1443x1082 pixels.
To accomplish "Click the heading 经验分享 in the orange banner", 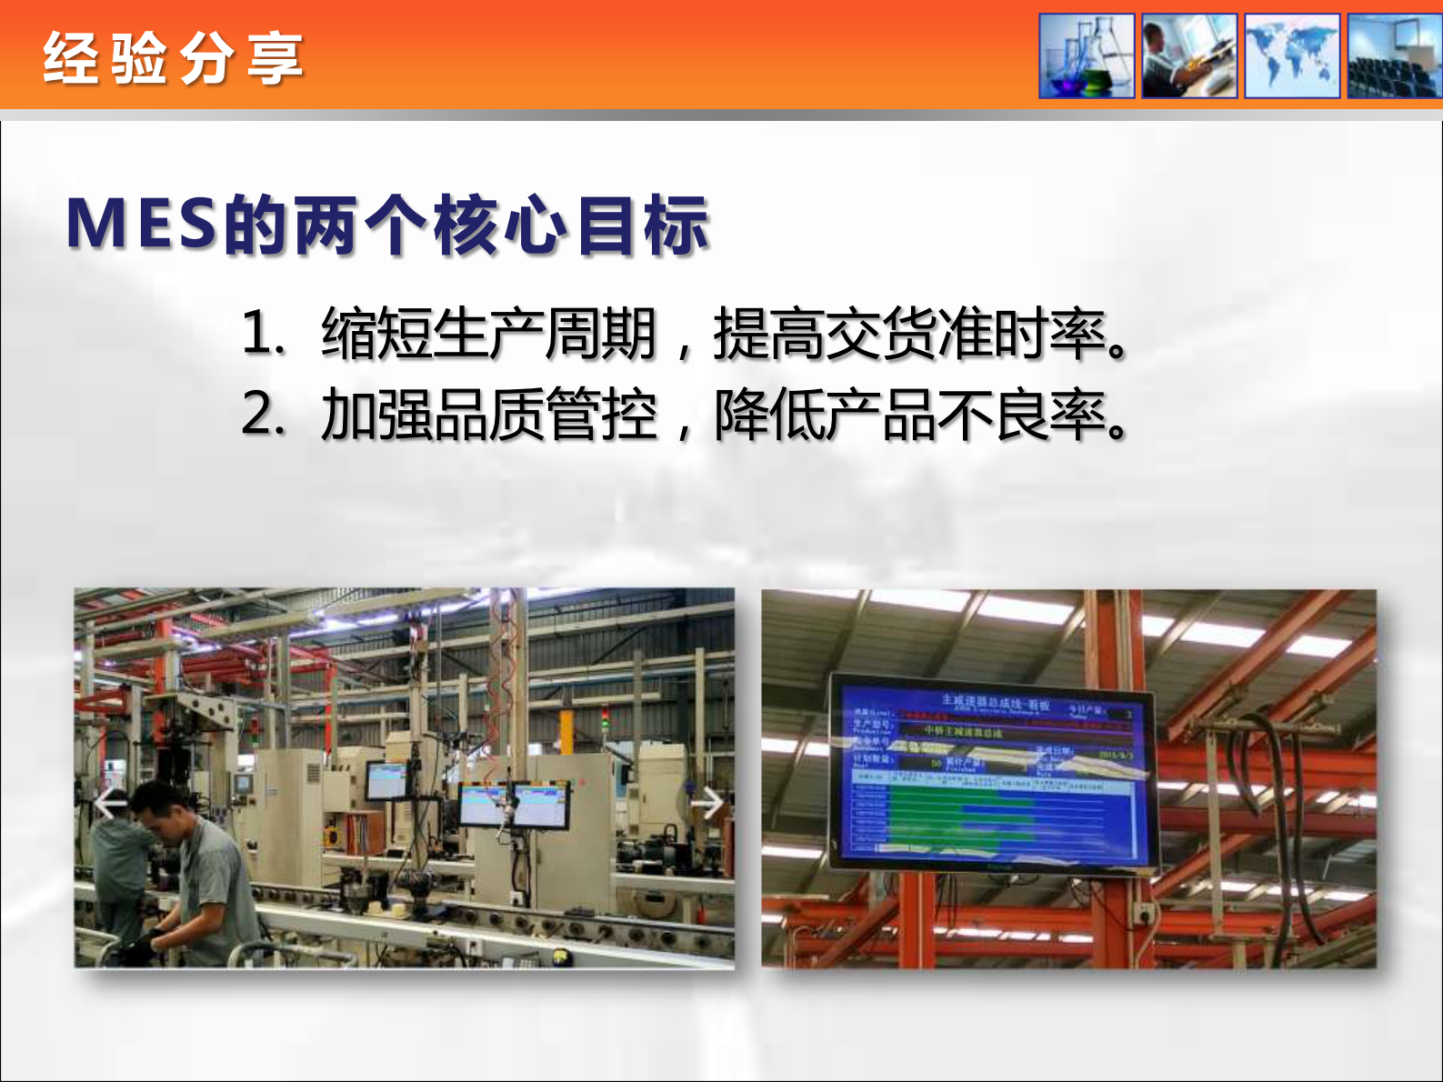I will pyautogui.click(x=173, y=58).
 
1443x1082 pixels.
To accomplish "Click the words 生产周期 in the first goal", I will pyautogui.click(x=544, y=333).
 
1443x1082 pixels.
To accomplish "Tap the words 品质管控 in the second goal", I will pyautogui.click(x=544, y=415).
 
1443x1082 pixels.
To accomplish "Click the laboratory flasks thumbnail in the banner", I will pyautogui.click(x=1087, y=55).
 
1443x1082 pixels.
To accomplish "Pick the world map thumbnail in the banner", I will pyautogui.click(x=1292, y=55).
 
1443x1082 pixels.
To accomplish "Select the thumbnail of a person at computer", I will pyautogui.click(x=1189, y=55).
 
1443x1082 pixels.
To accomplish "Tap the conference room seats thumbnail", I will pyautogui.click(x=1395, y=55).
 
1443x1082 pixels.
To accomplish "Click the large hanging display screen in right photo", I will pyautogui.click(x=993, y=773).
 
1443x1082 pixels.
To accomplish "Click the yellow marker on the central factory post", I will pyautogui.click(x=566, y=733).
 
